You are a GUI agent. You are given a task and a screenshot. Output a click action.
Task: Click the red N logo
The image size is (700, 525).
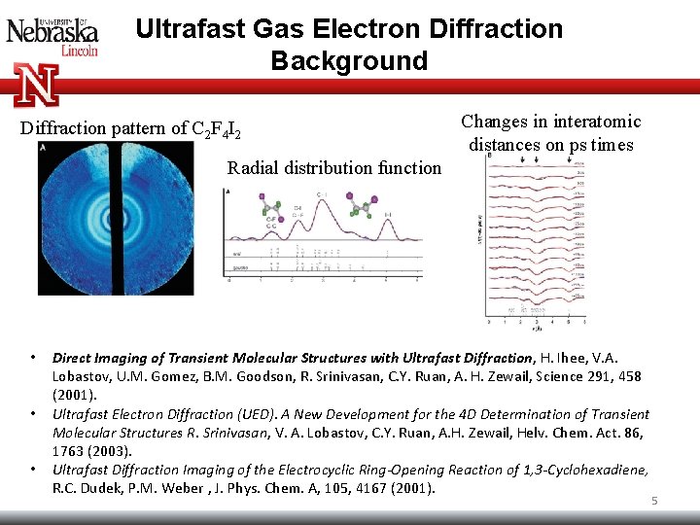click(x=37, y=84)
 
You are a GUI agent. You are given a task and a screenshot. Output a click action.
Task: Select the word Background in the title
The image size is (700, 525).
click(x=349, y=61)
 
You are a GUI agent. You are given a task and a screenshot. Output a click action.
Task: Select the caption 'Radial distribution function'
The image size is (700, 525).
click(x=334, y=168)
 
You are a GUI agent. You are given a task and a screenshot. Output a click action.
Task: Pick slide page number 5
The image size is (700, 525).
click(x=654, y=501)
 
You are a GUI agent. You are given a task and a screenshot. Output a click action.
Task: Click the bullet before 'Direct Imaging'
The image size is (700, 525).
click(x=33, y=358)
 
